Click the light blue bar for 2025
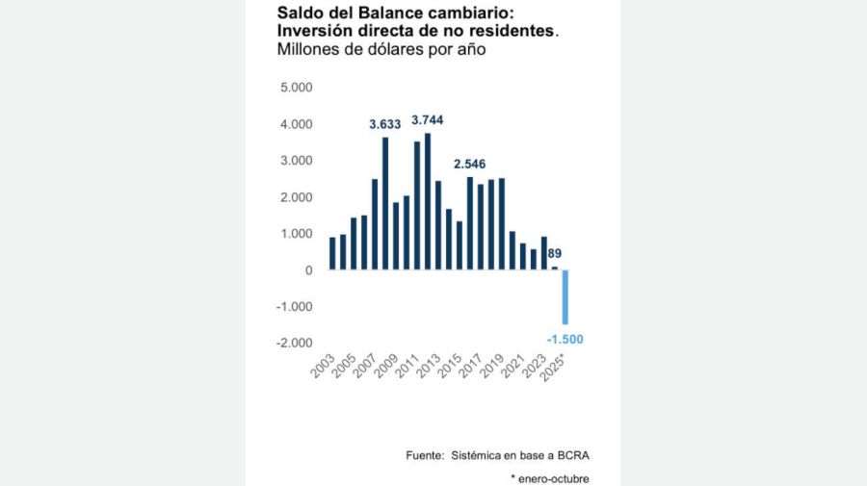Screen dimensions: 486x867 [x=565, y=297]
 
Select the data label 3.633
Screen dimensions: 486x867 [x=385, y=125]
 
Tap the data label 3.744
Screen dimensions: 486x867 [x=428, y=120]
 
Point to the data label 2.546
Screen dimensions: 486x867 [x=470, y=165]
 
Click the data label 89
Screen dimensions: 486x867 [x=555, y=254]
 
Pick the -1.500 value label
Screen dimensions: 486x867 [x=565, y=340]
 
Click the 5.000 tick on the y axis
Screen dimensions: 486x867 [x=296, y=89]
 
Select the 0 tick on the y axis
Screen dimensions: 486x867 [x=308, y=270]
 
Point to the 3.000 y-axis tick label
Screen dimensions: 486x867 [x=296, y=161]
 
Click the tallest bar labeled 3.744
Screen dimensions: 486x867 [x=428, y=201]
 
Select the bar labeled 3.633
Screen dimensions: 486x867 [x=385, y=204]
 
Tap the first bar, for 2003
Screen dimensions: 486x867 [x=332, y=253]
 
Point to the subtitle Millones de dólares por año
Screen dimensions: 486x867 [x=380, y=50]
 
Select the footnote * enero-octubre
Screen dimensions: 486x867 [x=550, y=478]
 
